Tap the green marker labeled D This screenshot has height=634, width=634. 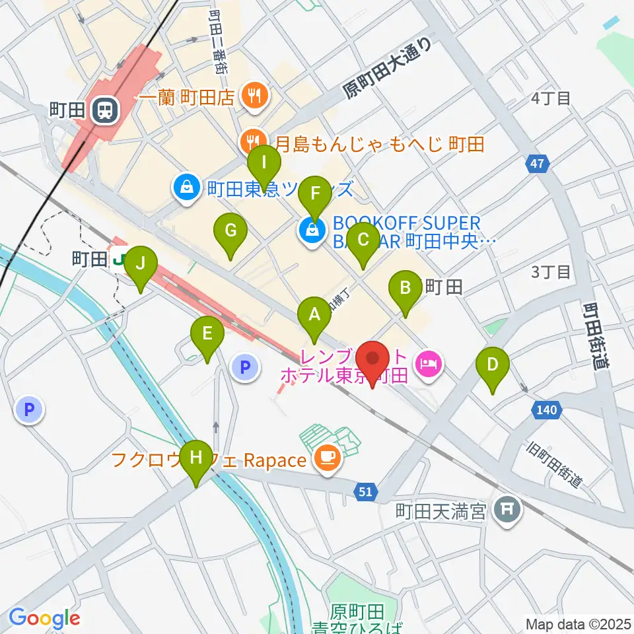[492, 365]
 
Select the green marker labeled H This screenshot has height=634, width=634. [196, 457]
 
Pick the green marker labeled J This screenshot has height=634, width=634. [140, 264]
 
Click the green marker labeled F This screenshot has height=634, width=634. [315, 194]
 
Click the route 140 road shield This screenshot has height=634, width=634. [546, 410]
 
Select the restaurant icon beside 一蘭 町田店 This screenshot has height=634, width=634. [254, 96]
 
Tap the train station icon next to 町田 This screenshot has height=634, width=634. [104, 110]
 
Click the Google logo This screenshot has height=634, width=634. [44, 618]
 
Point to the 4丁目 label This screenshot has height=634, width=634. [551, 98]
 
